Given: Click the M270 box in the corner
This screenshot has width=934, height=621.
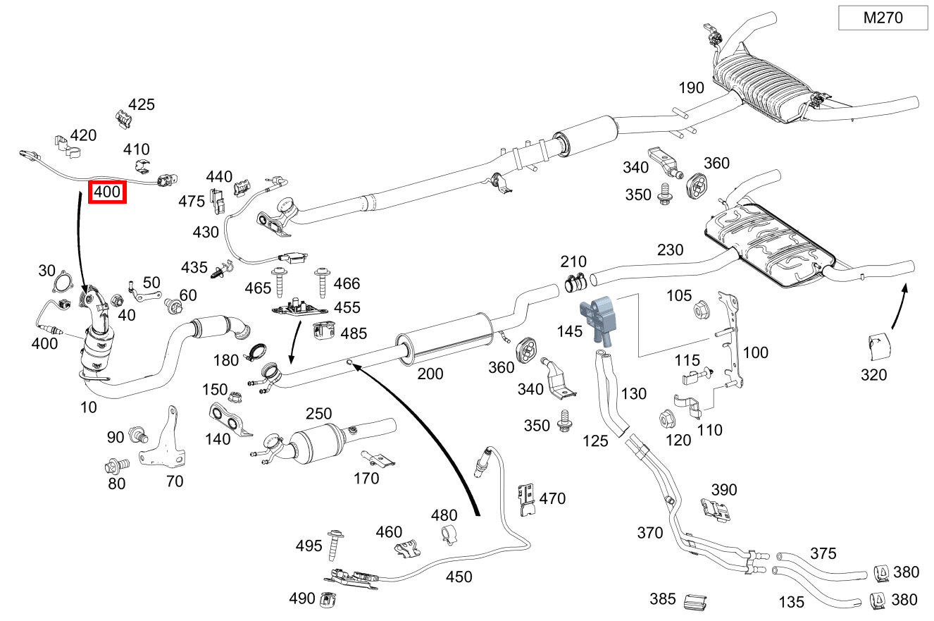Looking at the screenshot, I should tap(883, 18).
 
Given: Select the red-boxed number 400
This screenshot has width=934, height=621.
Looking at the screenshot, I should tap(107, 191).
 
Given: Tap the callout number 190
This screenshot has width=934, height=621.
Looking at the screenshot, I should tap(691, 88).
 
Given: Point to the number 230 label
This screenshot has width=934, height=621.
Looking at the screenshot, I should tap(670, 250).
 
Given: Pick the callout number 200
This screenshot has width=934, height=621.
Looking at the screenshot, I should tap(430, 373).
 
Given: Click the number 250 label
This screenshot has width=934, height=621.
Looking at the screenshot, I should tap(318, 413).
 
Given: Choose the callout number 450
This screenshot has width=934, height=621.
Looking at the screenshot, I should tap(459, 577).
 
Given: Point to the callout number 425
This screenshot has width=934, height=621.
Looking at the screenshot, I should tap(141, 104).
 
